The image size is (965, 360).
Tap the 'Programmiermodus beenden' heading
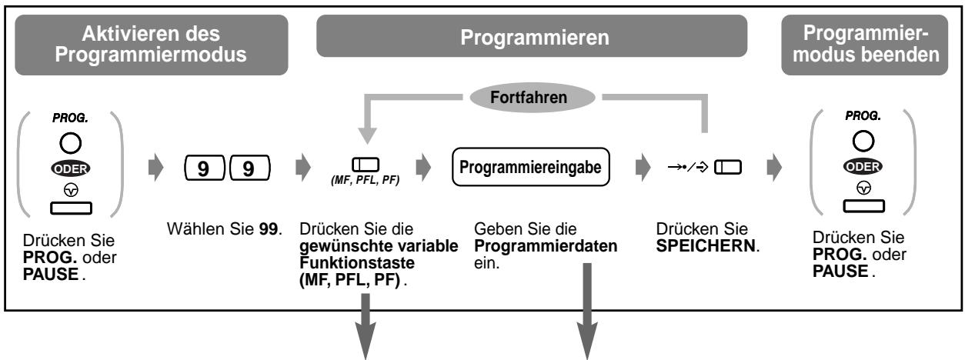866,45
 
